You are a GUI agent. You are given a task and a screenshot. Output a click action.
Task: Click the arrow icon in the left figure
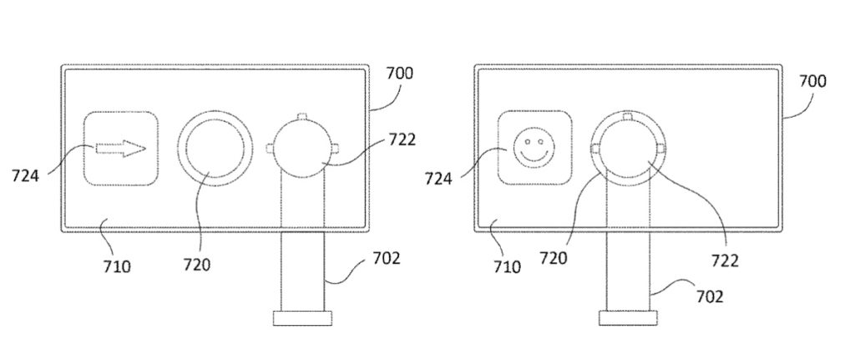121,150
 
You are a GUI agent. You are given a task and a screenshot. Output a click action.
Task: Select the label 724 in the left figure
25,175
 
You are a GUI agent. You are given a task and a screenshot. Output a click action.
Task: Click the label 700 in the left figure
399,74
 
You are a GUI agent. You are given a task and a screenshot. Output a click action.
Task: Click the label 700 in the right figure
812,81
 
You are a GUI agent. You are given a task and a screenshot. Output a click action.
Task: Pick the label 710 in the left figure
117,267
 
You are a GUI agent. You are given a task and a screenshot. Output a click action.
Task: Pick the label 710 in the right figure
506,267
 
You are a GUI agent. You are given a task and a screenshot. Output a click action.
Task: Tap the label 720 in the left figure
197,266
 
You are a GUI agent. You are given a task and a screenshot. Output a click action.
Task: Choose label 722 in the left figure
402,139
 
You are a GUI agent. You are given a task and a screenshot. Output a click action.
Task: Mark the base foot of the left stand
303,317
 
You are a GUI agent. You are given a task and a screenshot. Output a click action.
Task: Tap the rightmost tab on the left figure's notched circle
336,149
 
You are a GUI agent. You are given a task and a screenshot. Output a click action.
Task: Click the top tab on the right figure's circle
626,115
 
